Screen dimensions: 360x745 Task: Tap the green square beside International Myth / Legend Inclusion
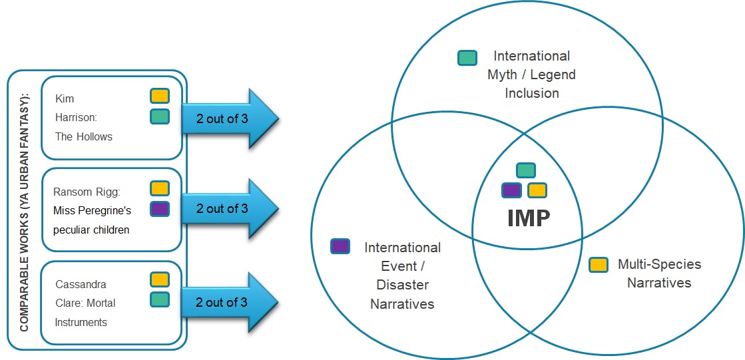click(x=467, y=58)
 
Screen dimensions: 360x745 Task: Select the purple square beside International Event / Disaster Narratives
click(x=340, y=246)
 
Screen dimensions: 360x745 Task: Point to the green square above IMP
click(x=526, y=170)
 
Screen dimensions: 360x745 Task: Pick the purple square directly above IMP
click(x=511, y=190)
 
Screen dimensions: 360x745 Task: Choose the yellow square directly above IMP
click(x=537, y=190)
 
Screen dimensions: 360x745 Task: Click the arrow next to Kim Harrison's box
click(x=229, y=118)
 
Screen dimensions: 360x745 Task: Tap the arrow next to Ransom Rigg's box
click(x=229, y=208)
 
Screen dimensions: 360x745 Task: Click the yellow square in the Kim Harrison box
click(x=160, y=96)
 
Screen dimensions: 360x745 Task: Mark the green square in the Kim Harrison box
click(x=160, y=116)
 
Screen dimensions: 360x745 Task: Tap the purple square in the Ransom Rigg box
click(x=160, y=209)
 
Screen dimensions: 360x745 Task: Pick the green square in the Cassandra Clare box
click(x=160, y=300)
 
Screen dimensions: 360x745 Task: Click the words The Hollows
click(x=84, y=137)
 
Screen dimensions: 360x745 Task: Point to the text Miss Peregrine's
click(x=92, y=211)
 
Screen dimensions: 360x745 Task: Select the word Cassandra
click(x=81, y=284)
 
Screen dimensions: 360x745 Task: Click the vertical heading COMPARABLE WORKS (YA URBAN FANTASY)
click(x=25, y=210)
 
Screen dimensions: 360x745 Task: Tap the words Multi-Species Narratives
click(x=659, y=273)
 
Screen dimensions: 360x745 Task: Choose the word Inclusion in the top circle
click(x=531, y=93)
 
